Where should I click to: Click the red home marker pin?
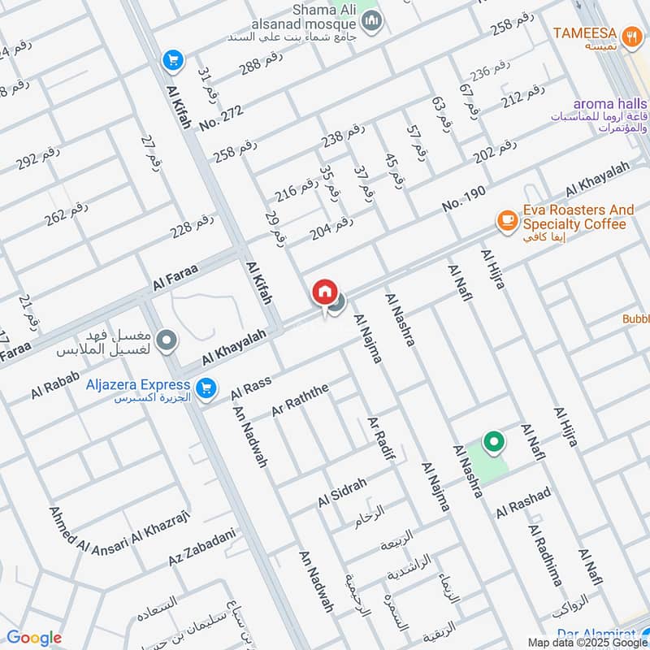tap(324, 292)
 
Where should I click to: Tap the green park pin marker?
tap(493, 443)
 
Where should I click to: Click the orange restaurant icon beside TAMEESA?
tap(630, 36)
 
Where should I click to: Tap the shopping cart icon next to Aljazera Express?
tap(207, 388)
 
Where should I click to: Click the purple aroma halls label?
tap(610, 104)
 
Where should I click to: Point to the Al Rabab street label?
tap(55, 384)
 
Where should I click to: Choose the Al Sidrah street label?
tap(342, 492)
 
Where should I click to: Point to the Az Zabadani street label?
tap(201, 548)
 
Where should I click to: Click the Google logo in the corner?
tap(33, 638)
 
